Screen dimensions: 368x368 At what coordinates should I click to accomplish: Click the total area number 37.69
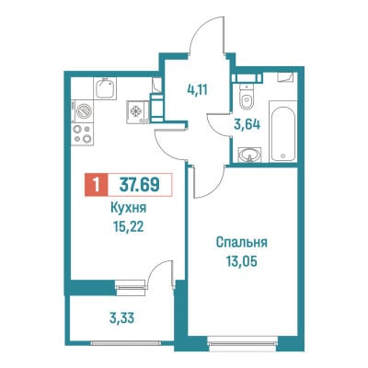point(140,185)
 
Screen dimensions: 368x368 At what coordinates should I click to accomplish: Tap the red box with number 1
point(97,185)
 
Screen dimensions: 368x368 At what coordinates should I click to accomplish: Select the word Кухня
point(128,208)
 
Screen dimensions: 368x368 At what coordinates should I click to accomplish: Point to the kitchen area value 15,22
point(128,227)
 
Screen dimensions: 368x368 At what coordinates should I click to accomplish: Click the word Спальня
point(242,242)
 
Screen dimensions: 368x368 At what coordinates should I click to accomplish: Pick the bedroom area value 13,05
point(242,261)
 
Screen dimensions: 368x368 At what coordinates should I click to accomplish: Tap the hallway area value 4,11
point(198,90)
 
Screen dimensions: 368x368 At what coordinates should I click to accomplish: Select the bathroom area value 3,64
point(247,124)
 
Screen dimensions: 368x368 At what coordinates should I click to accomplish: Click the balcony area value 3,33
point(121,318)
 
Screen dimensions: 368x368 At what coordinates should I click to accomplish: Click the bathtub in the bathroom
point(283,131)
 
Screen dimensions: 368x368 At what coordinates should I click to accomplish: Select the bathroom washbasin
point(250,154)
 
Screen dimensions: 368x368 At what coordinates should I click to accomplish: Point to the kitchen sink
point(105,87)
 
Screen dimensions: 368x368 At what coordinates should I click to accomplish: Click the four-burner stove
point(83,133)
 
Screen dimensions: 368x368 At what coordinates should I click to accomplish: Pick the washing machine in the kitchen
point(83,111)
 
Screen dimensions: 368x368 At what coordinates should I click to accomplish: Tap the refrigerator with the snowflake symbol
point(137,111)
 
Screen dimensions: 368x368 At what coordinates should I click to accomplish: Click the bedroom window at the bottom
point(242,340)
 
